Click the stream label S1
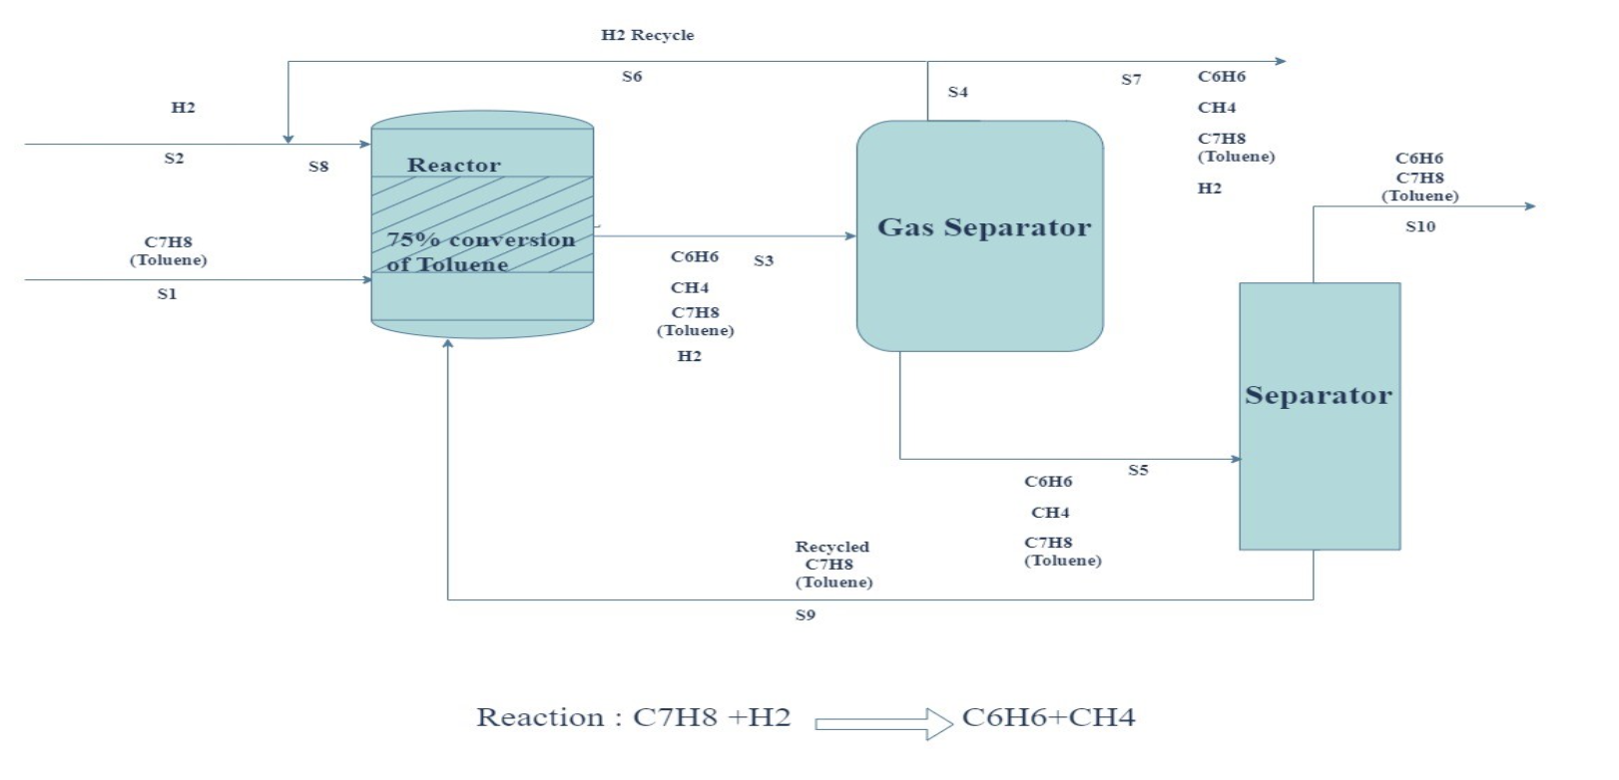click(167, 294)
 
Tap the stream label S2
click(175, 159)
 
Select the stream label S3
click(764, 260)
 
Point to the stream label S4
click(957, 92)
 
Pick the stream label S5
click(1138, 470)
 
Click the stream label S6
click(632, 77)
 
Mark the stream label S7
click(1131, 80)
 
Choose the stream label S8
click(318, 167)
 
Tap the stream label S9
click(806, 615)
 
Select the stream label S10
click(1420, 226)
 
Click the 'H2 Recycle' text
click(648, 35)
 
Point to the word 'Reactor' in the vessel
click(454, 165)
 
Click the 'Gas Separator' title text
click(984, 227)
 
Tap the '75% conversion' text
click(481, 239)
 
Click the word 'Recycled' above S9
click(831, 547)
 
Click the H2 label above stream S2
click(183, 108)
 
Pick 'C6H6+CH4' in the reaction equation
click(1049, 717)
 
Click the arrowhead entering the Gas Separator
click(850, 236)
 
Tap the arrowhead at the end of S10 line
click(1530, 206)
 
